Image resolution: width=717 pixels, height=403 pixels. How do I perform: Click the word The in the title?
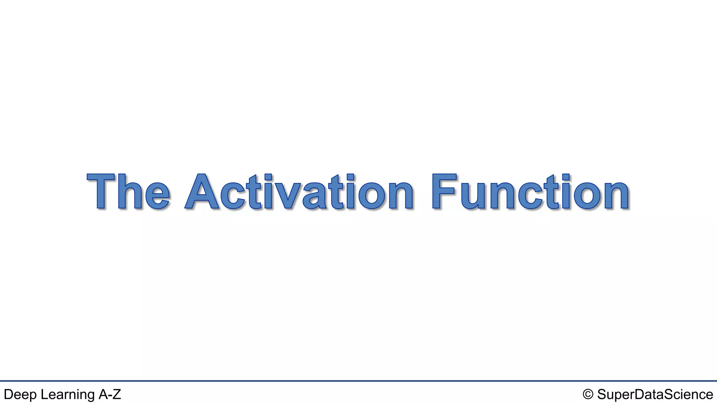click(128, 192)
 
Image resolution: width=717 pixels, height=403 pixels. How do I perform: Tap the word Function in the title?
click(531, 192)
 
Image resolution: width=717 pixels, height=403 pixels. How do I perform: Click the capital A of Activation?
click(202, 192)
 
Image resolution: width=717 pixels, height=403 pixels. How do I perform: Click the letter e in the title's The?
click(157, 196)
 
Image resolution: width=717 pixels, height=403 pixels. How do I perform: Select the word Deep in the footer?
click(20, 395)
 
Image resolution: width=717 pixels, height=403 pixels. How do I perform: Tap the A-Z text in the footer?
click(110, 394)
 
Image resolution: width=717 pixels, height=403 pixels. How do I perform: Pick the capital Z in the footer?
click(117, 394)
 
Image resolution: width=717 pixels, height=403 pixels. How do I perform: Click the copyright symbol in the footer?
click(588, 394)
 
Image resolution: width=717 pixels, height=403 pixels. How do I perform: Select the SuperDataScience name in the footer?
click(655, 395)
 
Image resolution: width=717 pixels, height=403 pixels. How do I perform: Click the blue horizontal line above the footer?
click(358, 381)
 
